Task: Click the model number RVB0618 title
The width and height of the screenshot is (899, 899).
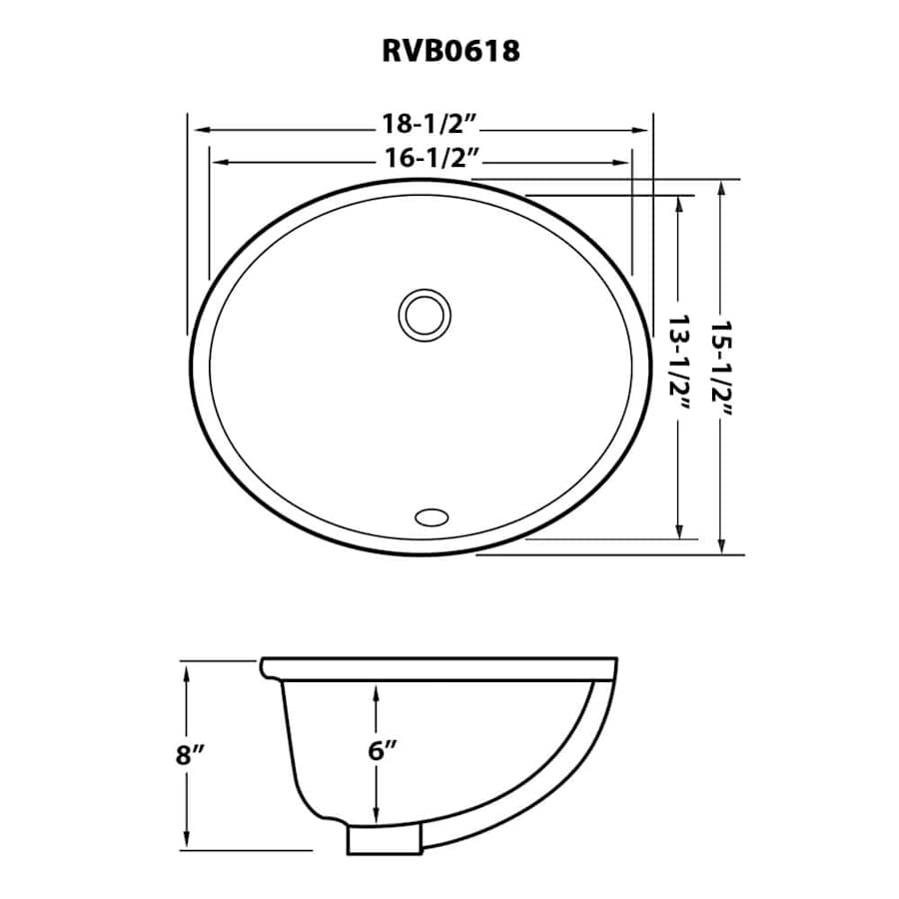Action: pos(450,51)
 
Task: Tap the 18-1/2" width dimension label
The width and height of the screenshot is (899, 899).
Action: pos(430,123)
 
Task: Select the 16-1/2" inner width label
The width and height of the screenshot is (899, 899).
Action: pos(432,157)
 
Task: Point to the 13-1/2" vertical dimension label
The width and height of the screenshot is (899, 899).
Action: pos(679,362)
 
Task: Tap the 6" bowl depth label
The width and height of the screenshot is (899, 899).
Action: pos(383,750)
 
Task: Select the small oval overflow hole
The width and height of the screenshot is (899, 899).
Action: pos(432,517)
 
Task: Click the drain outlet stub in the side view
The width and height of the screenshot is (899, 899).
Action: pos(385,839)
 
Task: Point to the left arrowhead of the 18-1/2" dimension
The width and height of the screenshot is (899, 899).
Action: pos(201,130)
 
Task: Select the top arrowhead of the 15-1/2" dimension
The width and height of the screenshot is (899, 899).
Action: pos(722,188)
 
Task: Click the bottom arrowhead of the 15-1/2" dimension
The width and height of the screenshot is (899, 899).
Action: pos(722,545)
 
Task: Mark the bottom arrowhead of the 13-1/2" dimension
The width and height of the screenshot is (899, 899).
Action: pos(679,531)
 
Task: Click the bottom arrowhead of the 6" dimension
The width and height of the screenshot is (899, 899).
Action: pos(377,813)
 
